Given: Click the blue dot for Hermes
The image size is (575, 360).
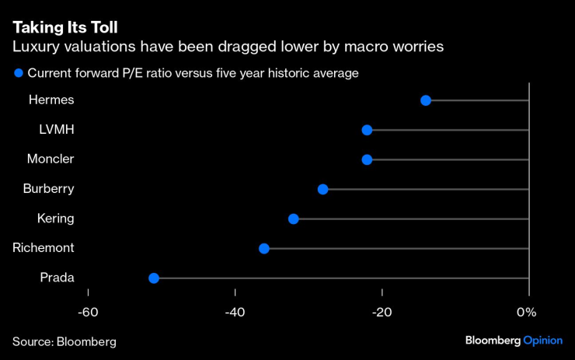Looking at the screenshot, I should (425, 100).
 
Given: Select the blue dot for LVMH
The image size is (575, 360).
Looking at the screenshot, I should (367, 130).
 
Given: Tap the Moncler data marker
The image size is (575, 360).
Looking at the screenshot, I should (367, 159).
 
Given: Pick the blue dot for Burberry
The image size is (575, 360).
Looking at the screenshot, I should (323, 189).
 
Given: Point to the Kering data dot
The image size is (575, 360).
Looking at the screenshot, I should (294, 218).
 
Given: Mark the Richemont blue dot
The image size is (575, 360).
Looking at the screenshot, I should (264, 248).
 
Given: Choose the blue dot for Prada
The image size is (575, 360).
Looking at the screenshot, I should (154, 278).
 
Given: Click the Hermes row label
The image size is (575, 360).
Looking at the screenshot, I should (51, 100).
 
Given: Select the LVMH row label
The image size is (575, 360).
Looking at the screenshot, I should (57, 129).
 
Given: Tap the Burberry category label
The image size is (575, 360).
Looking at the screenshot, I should (48, 188).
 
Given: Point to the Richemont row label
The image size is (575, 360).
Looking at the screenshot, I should (44, 247).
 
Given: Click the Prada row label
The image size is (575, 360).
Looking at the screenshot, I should (57, 277).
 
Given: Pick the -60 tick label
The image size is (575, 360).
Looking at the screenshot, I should (88, 312).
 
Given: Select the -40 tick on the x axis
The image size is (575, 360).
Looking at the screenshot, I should (235, 312).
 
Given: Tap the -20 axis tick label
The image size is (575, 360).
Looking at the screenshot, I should (382, 312).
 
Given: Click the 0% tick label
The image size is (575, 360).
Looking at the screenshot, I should (527, 312).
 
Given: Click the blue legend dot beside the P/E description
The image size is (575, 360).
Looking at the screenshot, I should (18, 73).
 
